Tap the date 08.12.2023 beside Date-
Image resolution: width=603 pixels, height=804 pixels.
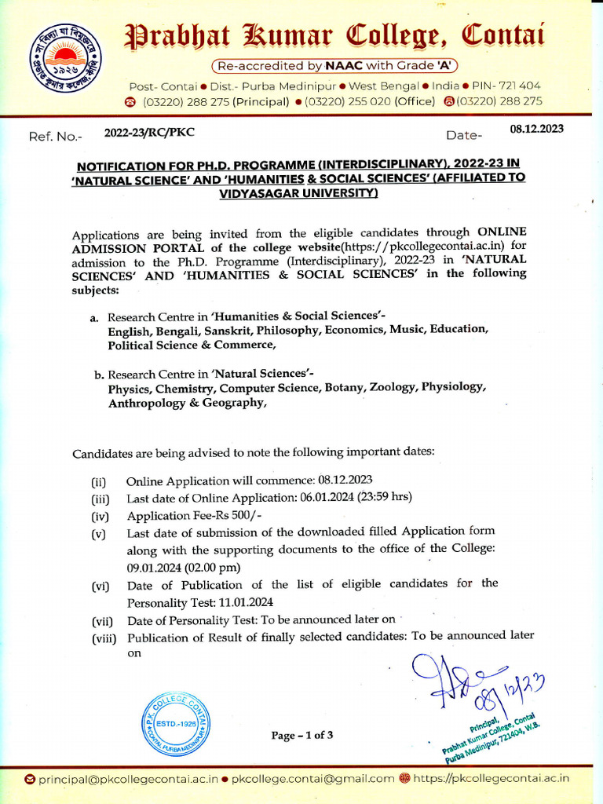click(x=537, y=129)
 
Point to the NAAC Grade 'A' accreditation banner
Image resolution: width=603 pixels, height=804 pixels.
click(x=335, y=65)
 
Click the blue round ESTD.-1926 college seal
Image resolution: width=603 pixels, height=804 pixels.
click(x=177, y=727)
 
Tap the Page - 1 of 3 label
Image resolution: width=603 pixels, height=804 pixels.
click(x=302, y=735)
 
